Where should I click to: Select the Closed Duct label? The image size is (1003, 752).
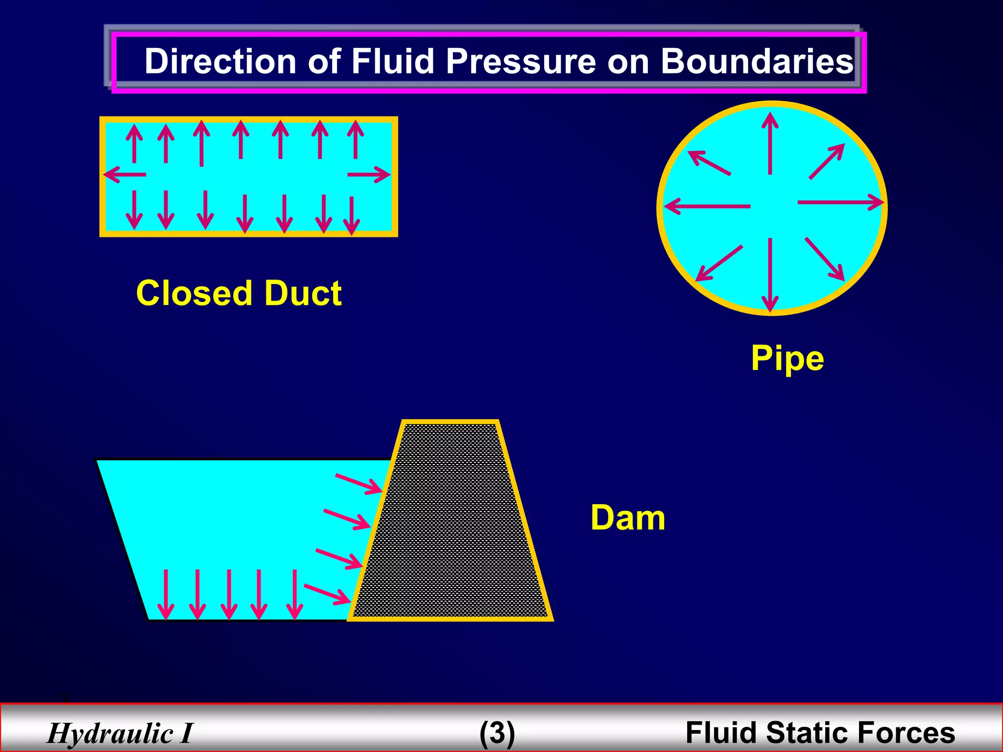(x=239, y=293)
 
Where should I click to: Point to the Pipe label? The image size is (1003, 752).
(x=787, y=358)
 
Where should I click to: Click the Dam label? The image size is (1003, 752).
(x=627, y=517)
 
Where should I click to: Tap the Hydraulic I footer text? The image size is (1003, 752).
(x=120, y=733)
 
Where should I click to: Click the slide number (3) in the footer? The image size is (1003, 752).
(x=497, y=733)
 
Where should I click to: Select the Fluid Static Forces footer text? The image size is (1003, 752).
(x=820, y=733)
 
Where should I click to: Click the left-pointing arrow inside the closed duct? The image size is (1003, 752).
(x=125, y=174)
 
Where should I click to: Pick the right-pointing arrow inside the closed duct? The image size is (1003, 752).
(x=368, y=174)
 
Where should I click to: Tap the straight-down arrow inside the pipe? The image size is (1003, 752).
(x=770, y=274)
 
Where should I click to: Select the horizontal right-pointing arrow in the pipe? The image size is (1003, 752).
(x=840, y=202)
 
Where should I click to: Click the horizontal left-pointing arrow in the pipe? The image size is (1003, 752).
(x=707, y=207)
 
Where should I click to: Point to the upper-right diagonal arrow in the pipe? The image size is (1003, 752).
(x=827, y=161)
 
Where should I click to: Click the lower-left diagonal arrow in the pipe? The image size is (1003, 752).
(x=719, y=263)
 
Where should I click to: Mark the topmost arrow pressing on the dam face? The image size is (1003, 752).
(x=358, y=484)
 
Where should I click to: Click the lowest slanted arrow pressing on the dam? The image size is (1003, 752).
(x=327, y=594)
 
